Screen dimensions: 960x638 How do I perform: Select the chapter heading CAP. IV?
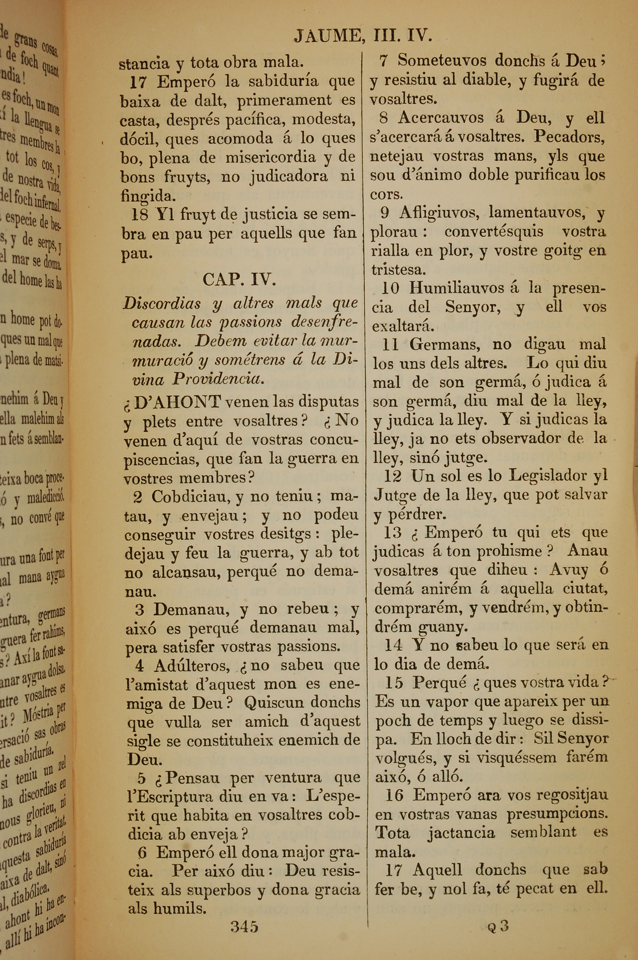(239, 280)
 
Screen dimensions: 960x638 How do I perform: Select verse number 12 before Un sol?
(393, 476)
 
